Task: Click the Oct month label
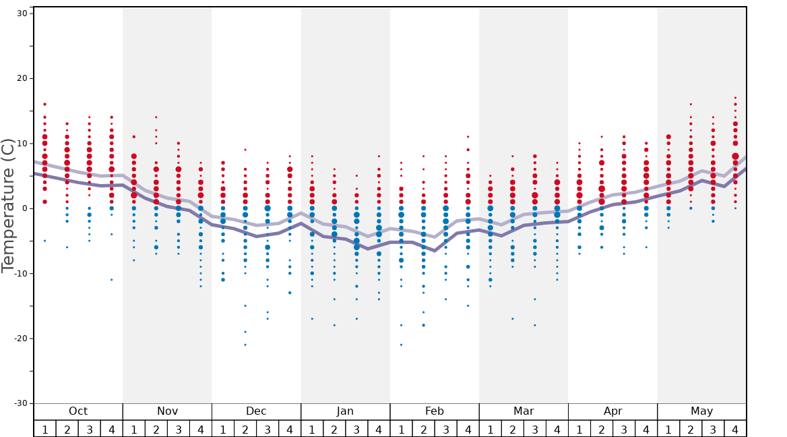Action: coord(78,411)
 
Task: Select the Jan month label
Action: coord(345,411)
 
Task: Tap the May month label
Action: coord(701,411)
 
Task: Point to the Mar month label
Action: coord(524,411)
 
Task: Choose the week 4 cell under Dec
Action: coord(290,429)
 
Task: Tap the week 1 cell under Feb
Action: coord(401,429)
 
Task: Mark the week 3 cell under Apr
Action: coord(624,429)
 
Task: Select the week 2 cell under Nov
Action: coord(156,429)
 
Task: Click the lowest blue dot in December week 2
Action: coord(245,345)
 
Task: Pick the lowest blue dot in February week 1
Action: coord(401,345)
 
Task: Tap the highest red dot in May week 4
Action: coord(735,98)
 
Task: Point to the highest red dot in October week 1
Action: coord(45,105)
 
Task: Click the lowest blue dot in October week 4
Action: coord(112,280)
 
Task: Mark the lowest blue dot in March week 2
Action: coord(513,319)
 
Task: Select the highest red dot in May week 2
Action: coord(691,105)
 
